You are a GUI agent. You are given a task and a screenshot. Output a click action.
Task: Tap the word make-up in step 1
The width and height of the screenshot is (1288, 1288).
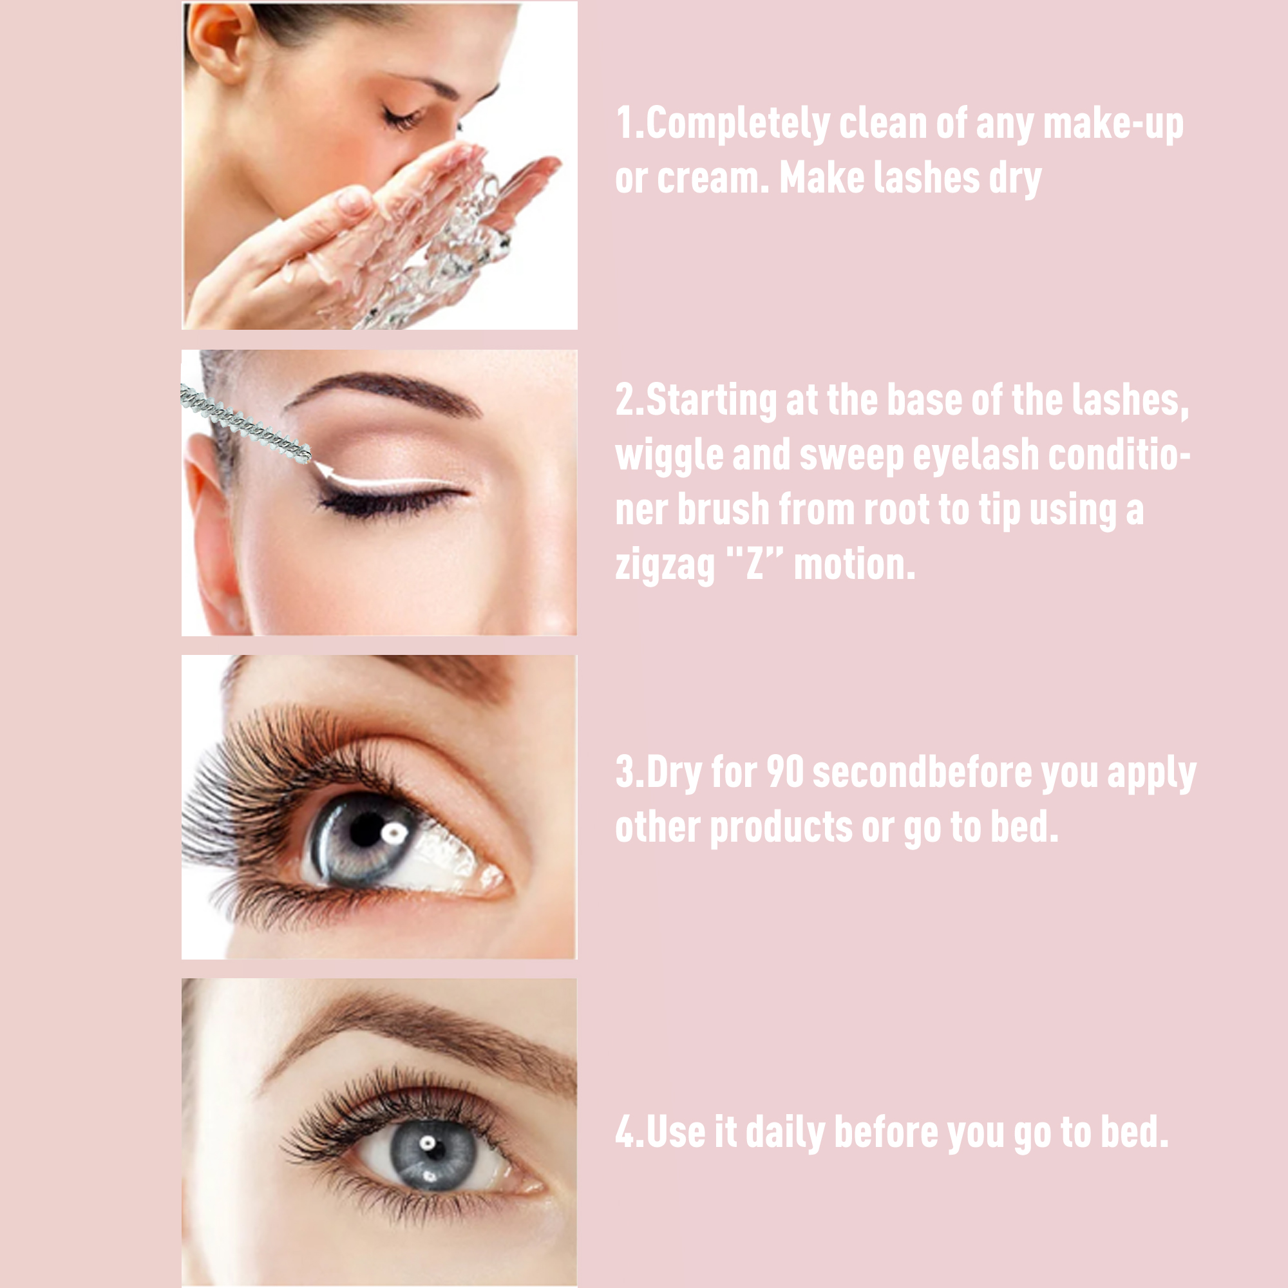coord(1113,125)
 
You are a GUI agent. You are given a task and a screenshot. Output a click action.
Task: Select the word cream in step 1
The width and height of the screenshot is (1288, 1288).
coord(712,178)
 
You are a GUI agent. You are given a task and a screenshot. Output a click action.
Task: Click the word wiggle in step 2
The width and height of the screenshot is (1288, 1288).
coord(669,456)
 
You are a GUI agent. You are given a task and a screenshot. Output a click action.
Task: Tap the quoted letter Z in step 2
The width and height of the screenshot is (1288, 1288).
coord(754,563)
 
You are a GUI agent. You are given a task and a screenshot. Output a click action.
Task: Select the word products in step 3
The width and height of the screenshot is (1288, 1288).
coord(780,828)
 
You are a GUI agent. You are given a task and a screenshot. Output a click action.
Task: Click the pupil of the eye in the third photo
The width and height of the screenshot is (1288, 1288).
coord(366,829)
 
